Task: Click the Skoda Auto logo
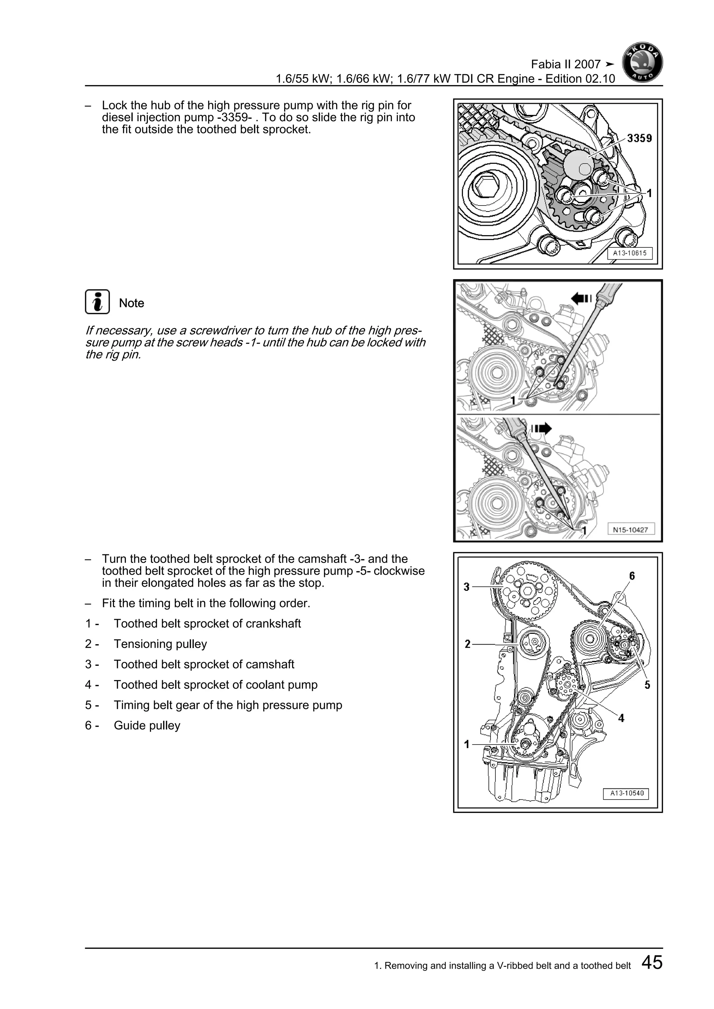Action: click(642, 64)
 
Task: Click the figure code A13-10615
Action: click(630, 253)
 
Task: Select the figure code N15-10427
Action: click(630, 530)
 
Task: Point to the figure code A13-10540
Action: click(626, 793)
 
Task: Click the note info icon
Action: click(97, 302)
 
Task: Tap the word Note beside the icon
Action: click(131, 303)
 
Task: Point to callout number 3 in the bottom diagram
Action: click(466, 587)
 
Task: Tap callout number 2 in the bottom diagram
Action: click(468, 644)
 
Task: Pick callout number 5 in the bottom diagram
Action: click(647, 685)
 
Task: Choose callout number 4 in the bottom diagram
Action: click(621, 718)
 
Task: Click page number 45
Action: click(652, 962)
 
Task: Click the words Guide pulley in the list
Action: click(147, 725)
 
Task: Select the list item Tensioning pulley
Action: click(160, 644)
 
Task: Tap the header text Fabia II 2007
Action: click(565, 64)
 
